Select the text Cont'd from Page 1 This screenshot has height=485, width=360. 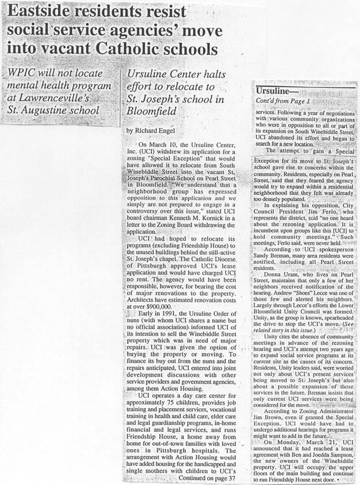point(282,101)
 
